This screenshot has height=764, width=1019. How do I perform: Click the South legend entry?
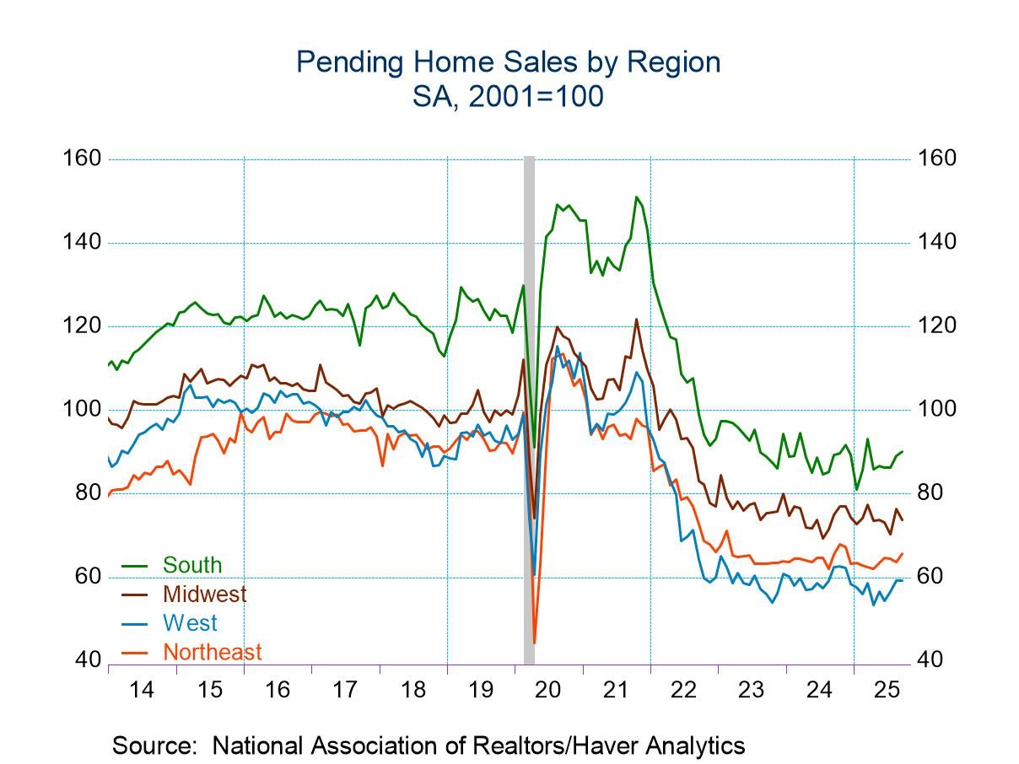192,565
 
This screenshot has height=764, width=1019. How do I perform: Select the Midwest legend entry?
204,594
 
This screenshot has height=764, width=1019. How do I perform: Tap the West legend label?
190,623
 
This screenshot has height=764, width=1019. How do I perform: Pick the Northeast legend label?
212,652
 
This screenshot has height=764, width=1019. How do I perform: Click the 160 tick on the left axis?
82,159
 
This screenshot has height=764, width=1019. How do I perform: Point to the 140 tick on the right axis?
937,243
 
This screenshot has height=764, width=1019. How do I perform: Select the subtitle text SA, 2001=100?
508,96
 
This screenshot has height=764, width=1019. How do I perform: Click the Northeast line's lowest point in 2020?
535,643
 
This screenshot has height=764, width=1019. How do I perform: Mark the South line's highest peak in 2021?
636,196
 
